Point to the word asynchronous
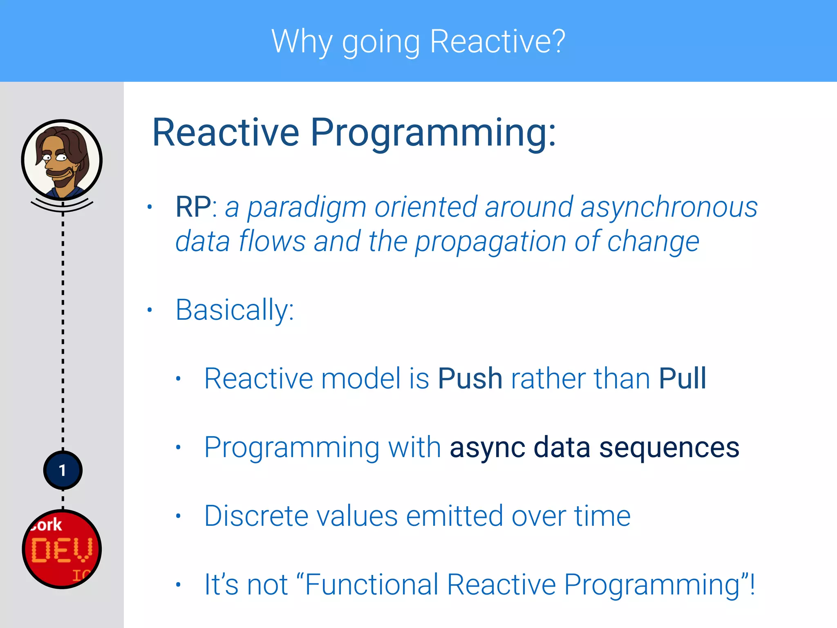669,208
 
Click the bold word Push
470,379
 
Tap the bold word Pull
683,379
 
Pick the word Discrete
256,516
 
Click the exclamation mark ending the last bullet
752,585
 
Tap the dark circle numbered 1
63,470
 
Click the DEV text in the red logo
62,550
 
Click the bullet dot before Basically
150,310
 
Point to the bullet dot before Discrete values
178,516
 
